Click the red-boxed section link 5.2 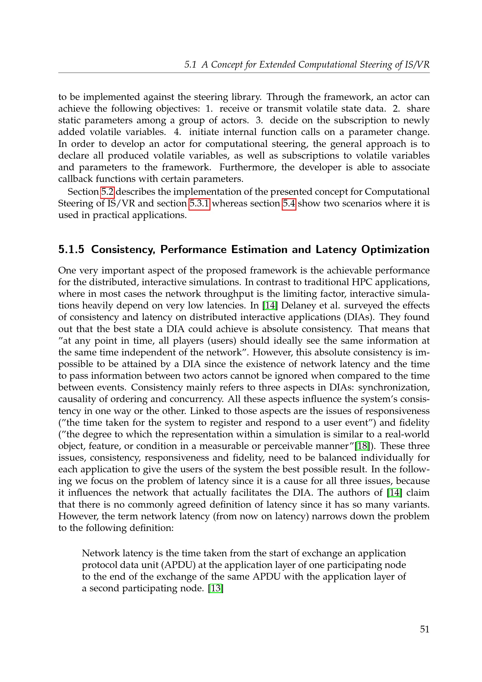(x=108, y=192)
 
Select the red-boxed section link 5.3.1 (x=199, y=204)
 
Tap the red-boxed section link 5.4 (x=289, y=204)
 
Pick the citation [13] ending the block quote (x=216, y=588)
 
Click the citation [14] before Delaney (x=270, y=305)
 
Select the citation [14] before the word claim (x=395, y=492)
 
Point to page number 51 (x=424, y=629)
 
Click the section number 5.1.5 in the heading (x=71, y=250)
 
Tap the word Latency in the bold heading (x=336, y=250)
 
